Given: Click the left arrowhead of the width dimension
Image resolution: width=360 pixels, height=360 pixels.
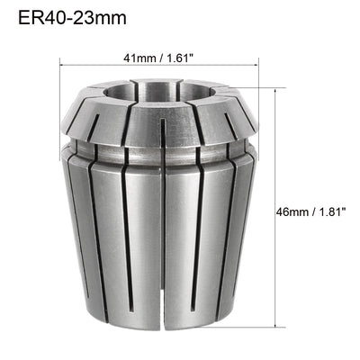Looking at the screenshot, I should (x=65, y=67).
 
